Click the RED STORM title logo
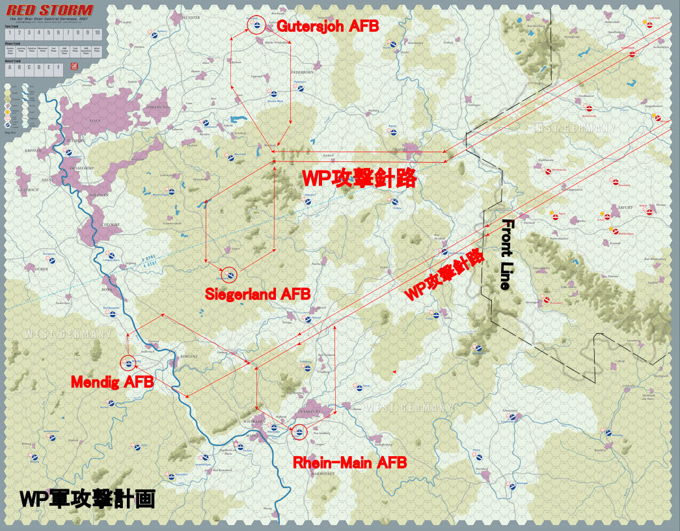click(49, 11)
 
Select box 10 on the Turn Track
click(98, 33)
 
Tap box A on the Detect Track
click(10, 67)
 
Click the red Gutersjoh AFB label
click(327, 25)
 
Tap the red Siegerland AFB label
click(258, 293)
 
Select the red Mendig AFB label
click(112, 382)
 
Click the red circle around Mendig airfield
click(128, 362)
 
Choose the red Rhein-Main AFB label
click(349, 463)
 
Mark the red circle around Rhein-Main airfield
click(299, 431)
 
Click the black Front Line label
click(506, 254)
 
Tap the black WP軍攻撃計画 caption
click(87, 499)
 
